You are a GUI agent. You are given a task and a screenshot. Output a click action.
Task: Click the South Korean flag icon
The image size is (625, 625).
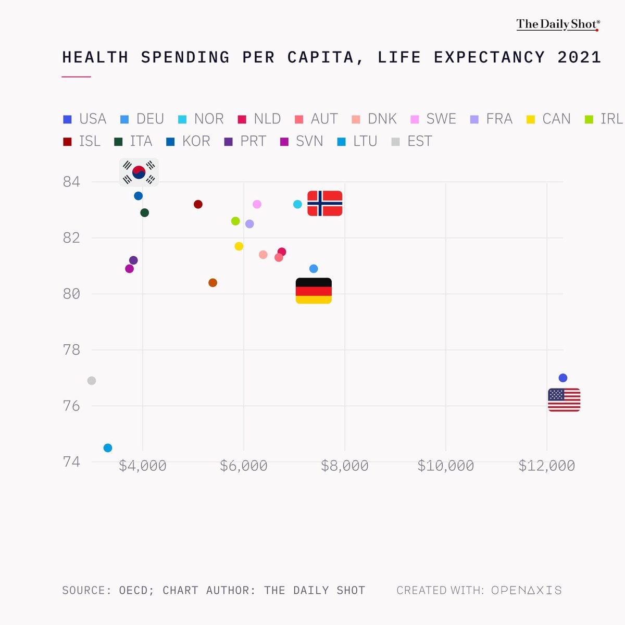pyautogui.click(x=139, y=172)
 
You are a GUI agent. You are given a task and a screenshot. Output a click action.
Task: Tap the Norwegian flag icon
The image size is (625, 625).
pyautogui.click(x=324, y=203)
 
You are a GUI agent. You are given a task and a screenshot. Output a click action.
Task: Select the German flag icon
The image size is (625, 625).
pyautogui.click(x=314, y=291)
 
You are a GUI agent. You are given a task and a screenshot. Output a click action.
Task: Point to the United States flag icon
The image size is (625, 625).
pyautogui.click(x=564, y=399)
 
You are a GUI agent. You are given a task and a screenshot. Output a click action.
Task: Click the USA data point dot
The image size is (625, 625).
pyautogui.click(x=562, y=378)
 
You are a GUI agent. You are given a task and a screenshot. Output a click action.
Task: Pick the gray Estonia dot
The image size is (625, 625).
pyautogui.click(x=92, y=380)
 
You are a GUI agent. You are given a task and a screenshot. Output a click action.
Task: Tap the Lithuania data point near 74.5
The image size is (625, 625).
pyautogui.click(x=108, y=448)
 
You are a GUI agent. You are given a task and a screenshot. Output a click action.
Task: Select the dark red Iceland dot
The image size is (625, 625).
pyautogui.click(x=198, y=204)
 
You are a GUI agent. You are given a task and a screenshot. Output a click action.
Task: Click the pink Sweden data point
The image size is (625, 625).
pyautogui.click(x=257, y=204)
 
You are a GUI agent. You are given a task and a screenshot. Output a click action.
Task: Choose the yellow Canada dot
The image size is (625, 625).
pyautogui.click(x=239, y=246)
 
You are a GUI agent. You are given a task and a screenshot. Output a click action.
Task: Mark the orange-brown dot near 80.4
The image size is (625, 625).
pyautogui.click(x=213, y=282)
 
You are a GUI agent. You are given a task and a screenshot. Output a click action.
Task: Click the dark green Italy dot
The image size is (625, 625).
pyautogui.click(x=144, y=213)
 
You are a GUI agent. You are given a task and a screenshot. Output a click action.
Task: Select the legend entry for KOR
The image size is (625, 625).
pyautogui.click(x=188, y=141)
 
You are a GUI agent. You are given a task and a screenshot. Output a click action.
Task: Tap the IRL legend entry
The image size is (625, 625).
pyautogui.click(x=604, y=119)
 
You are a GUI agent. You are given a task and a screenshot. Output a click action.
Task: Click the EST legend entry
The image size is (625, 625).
pyautogui.click(x=412, y=141)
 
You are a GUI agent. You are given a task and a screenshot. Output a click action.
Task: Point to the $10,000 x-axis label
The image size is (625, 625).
pyautogui.click(x=446, y=466)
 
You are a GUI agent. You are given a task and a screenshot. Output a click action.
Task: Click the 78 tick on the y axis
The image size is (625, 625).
pyautogui.click(x=71, y=350)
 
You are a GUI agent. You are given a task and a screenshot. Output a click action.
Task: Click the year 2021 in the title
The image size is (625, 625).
pyautogui.click(x=579, y=57)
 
